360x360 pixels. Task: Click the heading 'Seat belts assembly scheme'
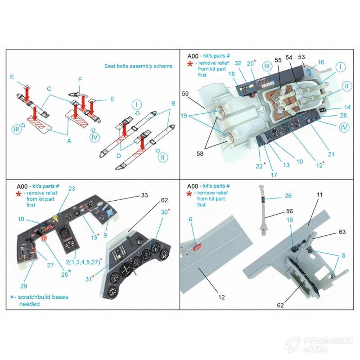(x=138, y=66)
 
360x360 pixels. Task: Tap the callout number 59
(x=185, y=94)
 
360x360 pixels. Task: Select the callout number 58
(x=200, y=153)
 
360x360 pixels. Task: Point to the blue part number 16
(x=321, y=62)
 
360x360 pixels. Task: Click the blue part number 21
(x=331, y=154)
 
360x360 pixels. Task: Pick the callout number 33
(x=144, y=195)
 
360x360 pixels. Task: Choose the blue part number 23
(x=72, y=189)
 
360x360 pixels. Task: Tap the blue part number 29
(x=24, y=286)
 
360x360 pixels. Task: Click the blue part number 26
(x=288, y=196)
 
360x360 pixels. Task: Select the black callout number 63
(x=342, y=232)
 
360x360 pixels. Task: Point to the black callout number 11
(x=319, y=195)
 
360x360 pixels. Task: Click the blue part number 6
(x=190, y=220)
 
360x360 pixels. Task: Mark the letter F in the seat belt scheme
(x=80, y=80)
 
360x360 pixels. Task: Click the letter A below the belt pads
(x=69, y=141)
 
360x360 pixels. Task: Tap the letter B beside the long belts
(x=173, y=103)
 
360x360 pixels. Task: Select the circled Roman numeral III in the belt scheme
(x=16, y=129)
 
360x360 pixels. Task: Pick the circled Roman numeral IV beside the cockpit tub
(x=344, y=127)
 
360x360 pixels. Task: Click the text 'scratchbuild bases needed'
(x=41, y=300)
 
